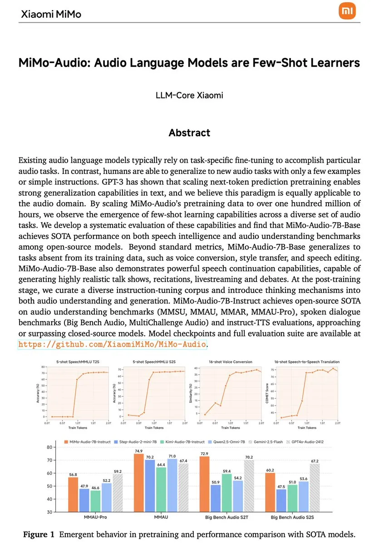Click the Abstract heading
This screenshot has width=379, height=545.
click(x=189, y=133)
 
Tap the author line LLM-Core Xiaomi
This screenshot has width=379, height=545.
click(x=189, y=95)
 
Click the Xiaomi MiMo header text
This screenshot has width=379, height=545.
click(x=51, y=14)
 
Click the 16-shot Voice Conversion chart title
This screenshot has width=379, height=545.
click(x=230, y=362)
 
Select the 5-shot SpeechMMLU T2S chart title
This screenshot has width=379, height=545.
click(x=78, y=362)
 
